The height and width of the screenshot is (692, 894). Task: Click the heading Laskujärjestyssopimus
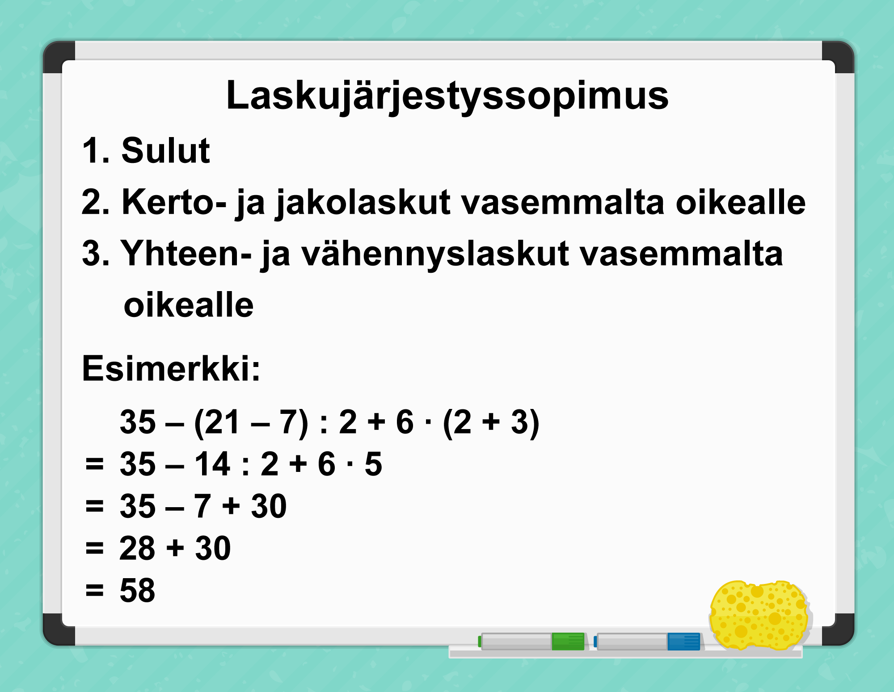pos(447,96)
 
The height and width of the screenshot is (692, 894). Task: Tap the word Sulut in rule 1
pos(165,151)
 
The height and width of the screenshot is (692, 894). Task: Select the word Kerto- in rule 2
pos(174,202)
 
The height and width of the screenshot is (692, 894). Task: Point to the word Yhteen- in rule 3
pos(186,254)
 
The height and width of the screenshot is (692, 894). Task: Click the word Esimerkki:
pos(171,369)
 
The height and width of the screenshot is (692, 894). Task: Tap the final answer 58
pos(137,590)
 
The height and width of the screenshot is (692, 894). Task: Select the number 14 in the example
pos(212,464)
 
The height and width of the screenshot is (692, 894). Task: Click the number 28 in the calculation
pos(137,548)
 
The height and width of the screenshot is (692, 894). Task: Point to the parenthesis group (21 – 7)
pos(251,423)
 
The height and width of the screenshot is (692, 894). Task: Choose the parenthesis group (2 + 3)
pos(491,423)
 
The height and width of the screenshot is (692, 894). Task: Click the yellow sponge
pos(759,615)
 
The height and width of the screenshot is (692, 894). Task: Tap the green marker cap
pos(568,641)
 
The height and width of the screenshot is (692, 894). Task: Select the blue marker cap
pos(684,641)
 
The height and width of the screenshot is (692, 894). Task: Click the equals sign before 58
pos(94,591)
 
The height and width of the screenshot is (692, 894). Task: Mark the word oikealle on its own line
pos(189,305)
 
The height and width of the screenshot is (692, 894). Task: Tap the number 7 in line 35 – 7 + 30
pos(202,506)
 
